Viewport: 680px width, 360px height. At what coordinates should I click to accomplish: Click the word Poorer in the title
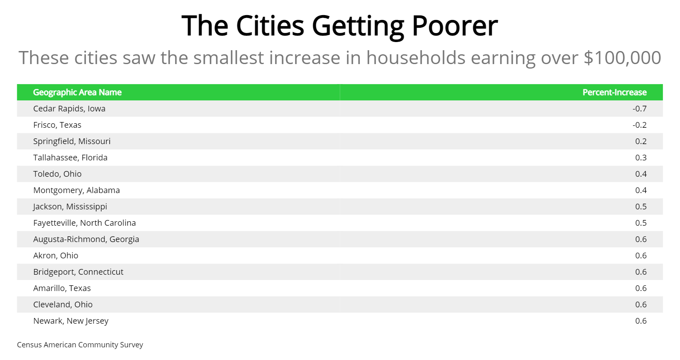tap(455, 26)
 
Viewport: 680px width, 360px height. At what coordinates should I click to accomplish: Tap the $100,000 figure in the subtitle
tap(622, 58)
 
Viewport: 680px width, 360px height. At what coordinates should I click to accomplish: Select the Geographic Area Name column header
tap(77, 92)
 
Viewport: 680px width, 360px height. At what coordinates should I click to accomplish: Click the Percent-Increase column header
tap(614, 92)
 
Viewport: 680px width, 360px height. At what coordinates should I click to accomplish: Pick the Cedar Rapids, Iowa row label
tap(69, 109)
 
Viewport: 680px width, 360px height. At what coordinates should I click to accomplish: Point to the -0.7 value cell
tap(640, 109)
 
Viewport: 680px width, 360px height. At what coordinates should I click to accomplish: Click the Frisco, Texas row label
tap(57, 125)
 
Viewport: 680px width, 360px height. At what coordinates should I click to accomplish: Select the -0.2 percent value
tap(640, 125)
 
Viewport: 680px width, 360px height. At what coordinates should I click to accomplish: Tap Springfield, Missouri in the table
tap(72, 141)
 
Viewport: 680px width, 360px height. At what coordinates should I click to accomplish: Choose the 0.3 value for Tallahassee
tap(641, 158)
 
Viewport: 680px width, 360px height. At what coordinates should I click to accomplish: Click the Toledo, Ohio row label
tap(57, 174)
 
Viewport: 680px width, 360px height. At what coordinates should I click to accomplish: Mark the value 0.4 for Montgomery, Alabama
tap(641, 190)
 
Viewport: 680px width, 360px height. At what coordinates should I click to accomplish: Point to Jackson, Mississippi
tap(70, 207)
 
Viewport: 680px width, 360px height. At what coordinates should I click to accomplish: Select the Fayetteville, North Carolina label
tap(85, 223)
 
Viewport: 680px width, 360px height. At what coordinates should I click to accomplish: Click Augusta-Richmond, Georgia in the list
tap(86, 239)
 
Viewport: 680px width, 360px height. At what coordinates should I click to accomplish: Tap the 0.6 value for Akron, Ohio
tap(641, 256)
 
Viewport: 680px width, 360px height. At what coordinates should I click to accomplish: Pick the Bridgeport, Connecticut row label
tap(78, 272)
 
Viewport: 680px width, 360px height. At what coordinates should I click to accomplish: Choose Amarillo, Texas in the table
tap(62, 288)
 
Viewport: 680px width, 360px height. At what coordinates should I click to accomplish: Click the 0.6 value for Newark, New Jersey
tap(641, 321)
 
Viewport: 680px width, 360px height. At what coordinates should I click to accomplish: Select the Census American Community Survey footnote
tap(80, 345)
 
